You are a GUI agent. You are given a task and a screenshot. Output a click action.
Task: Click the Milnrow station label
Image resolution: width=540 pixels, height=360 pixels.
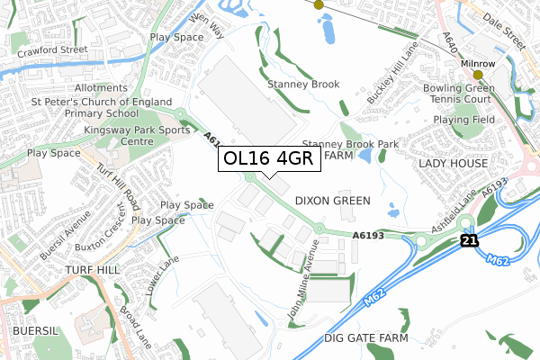click(x=478, y=65)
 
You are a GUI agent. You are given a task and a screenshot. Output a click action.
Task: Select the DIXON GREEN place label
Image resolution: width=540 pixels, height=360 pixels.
click(x=333, y=201)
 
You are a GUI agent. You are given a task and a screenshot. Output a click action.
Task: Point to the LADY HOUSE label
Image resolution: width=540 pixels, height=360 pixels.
click(x=453, y=163)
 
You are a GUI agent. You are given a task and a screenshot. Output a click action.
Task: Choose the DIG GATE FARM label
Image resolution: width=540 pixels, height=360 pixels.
click(x=365, y=338)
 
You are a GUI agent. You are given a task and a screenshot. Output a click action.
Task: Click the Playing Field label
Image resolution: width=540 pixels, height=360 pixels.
click(x=464, y=119)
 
